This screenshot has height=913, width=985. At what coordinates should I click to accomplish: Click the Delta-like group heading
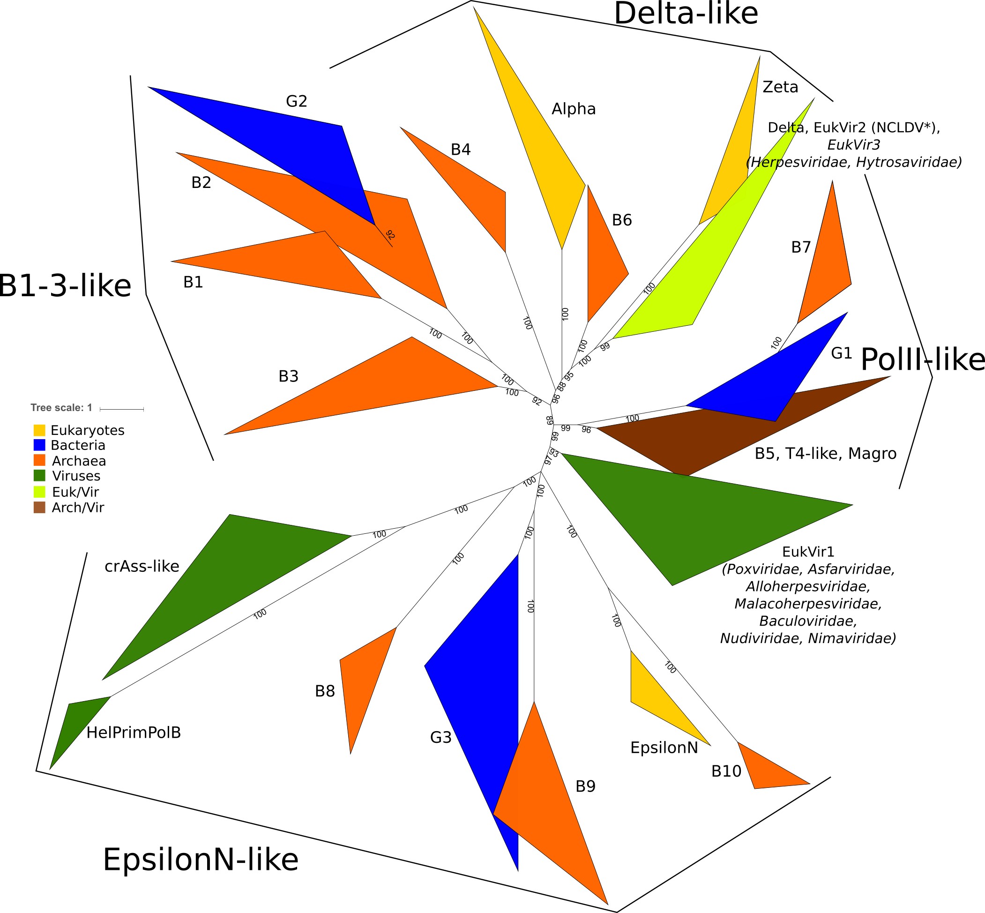point(685,14)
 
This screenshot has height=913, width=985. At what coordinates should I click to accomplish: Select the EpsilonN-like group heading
point(200,860)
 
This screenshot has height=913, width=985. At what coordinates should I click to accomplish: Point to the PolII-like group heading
point(922,359)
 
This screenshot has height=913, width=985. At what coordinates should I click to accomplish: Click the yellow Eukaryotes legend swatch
point(39,430)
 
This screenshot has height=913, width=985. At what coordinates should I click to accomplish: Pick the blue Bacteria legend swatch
point(39,445)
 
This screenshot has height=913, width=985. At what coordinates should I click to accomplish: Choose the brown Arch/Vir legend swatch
point(39,508)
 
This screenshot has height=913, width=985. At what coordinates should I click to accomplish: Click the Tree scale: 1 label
point(61,408)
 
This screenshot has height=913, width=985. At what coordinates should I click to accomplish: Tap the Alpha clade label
point(574,109)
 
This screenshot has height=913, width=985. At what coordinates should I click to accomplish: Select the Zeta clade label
point(780,88)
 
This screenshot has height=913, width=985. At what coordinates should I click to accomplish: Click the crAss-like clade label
point(142,566)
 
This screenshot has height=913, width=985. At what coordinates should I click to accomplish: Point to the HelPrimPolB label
point(134,733)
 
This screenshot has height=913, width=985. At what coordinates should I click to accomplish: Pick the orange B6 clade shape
point(603,262)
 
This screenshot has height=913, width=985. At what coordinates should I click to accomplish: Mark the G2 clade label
point(296,101)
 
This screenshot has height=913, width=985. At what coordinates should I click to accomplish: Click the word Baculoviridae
point(808,621)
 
